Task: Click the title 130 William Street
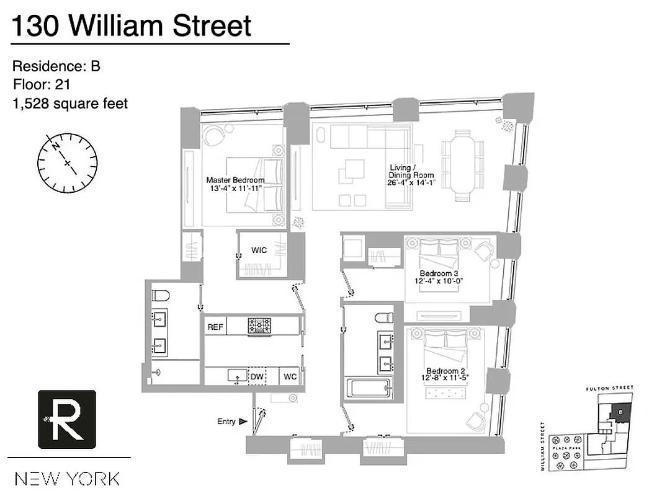click(x=132, y=26)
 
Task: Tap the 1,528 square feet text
click(x=70, y=103)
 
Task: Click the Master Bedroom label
click(x=235, y=184)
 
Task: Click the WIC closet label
click(x=259, y=250)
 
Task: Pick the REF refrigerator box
click(x=215, y=327)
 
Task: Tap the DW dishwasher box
click(x=257, y=376)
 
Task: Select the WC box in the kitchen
click(x=290, y=376)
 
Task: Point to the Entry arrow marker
click(x=242, y=422)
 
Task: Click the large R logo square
click(x=67, y=419)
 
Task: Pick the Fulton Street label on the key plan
click(x=610, y=388)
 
